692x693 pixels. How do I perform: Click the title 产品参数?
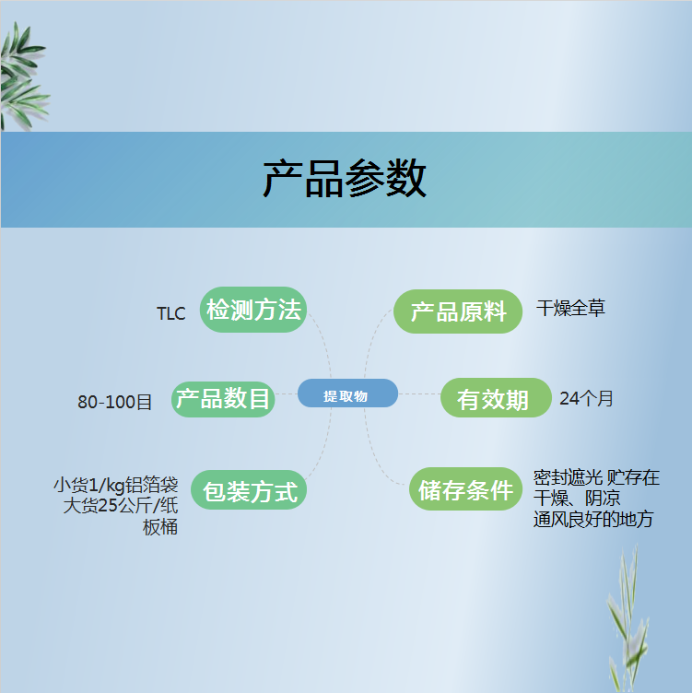coord(345,179)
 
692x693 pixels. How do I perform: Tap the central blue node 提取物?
coord(347,393)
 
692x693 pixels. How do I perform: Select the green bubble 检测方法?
coord(253,310)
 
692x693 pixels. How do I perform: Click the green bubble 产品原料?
coord(458,311)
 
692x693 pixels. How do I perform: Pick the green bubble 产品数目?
coord(223,399)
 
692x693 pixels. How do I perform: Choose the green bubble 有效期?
coord(496,398)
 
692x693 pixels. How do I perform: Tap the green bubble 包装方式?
coord(249,489)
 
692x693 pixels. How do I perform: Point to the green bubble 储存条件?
coord(465,488)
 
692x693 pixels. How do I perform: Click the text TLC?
coord(171,313)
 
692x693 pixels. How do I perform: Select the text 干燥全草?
coord(570,308)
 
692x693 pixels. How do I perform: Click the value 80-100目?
coord(115,402)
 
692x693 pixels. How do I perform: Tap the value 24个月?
coord(586,398)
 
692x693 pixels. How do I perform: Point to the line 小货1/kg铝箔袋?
coord(116,485)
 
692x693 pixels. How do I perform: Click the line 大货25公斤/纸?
coord(120,505)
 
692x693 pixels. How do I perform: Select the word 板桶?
coord(160,527)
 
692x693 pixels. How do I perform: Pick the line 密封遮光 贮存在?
coord(596,477)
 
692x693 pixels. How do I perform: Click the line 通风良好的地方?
coord(593,520)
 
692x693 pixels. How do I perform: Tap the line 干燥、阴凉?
coord(577,498)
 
